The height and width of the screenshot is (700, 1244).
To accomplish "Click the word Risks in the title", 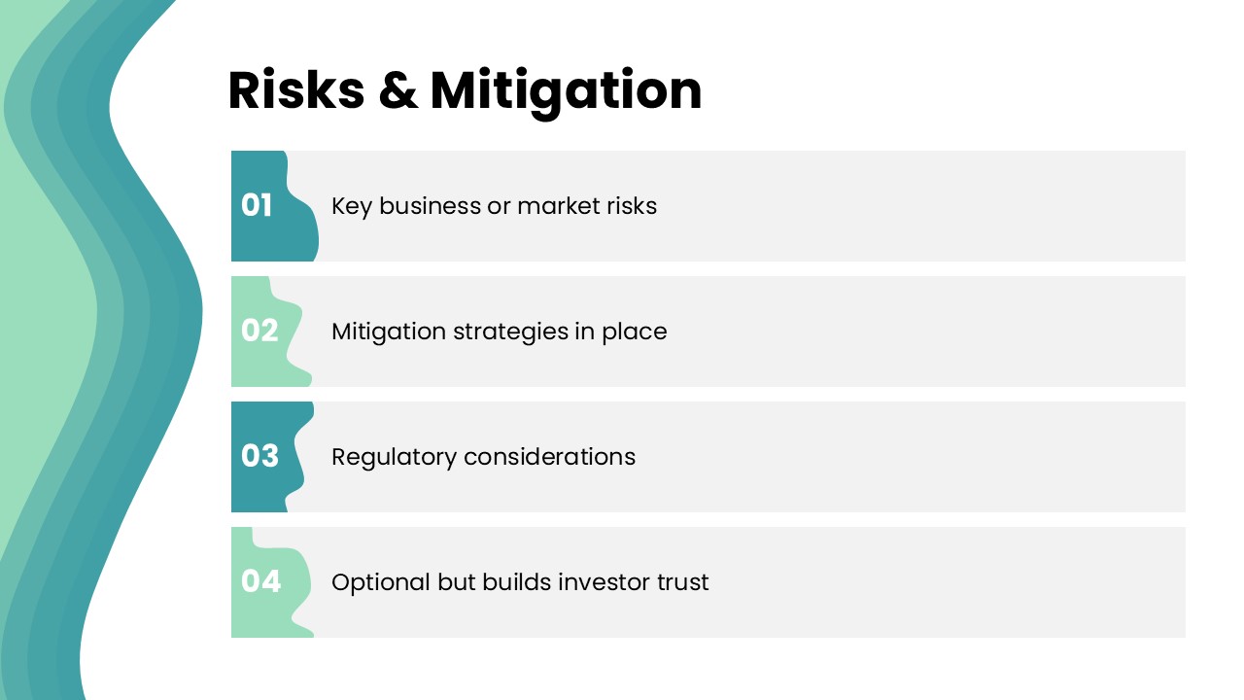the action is (x=296, y=90).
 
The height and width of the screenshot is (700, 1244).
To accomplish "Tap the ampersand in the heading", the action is (x=397, y=90).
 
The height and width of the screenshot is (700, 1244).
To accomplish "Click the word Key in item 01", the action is (x=352, y=207).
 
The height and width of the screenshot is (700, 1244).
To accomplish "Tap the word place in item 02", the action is (x=635, y=332).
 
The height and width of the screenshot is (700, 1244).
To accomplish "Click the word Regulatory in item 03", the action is (x=394, y=458).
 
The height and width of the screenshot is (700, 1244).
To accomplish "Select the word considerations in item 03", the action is (x=550, y=457).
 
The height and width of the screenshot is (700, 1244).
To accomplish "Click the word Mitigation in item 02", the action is (x=389, y=332).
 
